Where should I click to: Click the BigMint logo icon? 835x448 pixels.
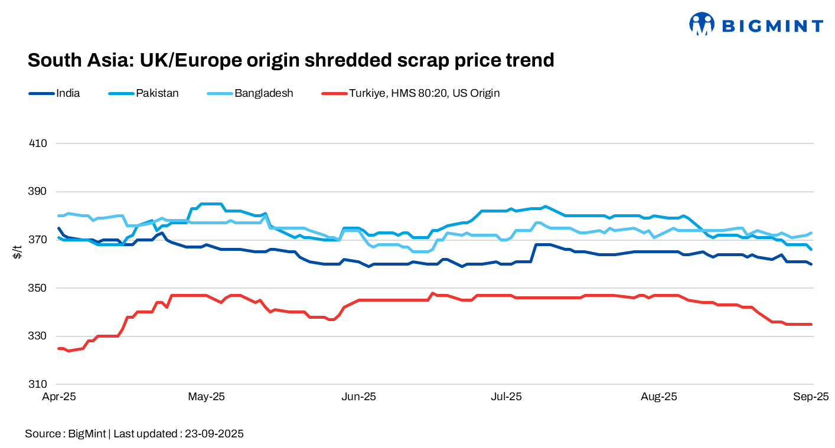pos(702,24)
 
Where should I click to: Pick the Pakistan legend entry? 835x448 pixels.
pos(157,93)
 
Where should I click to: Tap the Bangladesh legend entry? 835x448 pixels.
pos(263,93)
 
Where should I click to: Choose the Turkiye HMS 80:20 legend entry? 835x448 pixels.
pos(424,93)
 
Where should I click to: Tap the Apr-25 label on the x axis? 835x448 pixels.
pos(58,397)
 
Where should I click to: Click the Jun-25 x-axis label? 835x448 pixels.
pos(358,397)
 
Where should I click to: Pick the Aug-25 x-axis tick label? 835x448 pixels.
pos(659,397)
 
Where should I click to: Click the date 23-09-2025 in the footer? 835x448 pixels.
pos(214,434)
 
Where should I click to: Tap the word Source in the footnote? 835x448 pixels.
pos(43,434)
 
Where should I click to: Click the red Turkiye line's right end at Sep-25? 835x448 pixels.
pos(811,324)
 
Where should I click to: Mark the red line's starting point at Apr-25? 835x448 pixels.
pos(58,348)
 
